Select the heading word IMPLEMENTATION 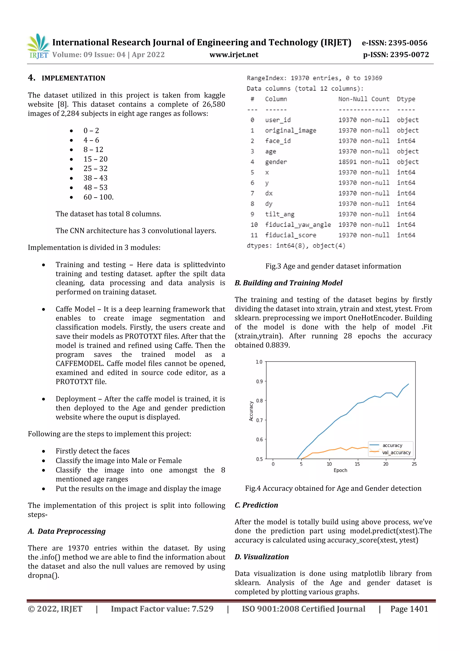(73, 78)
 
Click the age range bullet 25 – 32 (95, 169)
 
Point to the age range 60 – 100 (98, 197)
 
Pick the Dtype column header (406, 99)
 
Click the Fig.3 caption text (333, 266)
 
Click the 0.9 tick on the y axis (259, 381)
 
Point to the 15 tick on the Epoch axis (357, 464)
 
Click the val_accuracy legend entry (396, 453)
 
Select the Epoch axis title (340, 470)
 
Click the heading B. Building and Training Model (288, 283)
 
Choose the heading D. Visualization (261, 557)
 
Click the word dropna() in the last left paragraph (43, 575)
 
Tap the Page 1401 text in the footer (409, 609)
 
